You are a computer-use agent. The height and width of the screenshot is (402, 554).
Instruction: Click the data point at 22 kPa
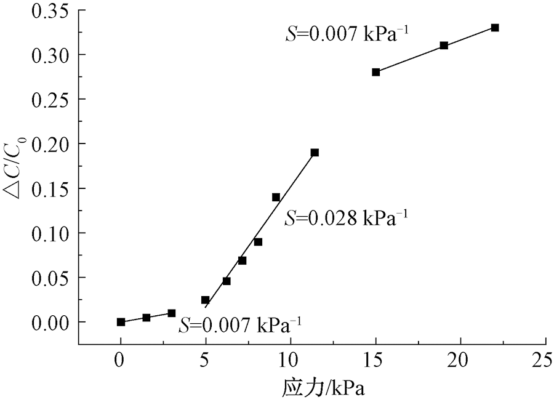(495, 28)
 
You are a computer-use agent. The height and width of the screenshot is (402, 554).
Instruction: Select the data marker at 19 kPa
(444, 46)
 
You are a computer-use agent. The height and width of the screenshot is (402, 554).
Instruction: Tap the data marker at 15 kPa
(376, 72)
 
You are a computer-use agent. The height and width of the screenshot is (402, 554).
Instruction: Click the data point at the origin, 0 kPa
(121, 322)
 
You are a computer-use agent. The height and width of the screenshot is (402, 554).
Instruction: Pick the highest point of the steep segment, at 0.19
(315, 153)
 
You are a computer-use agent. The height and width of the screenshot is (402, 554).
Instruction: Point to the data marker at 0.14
(276, 197)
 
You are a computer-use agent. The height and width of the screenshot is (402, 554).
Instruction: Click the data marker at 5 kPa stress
(205, 300)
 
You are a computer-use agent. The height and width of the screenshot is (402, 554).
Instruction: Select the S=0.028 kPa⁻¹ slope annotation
(347, 218)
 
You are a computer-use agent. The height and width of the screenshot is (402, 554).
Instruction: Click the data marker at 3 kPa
(172, 313)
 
